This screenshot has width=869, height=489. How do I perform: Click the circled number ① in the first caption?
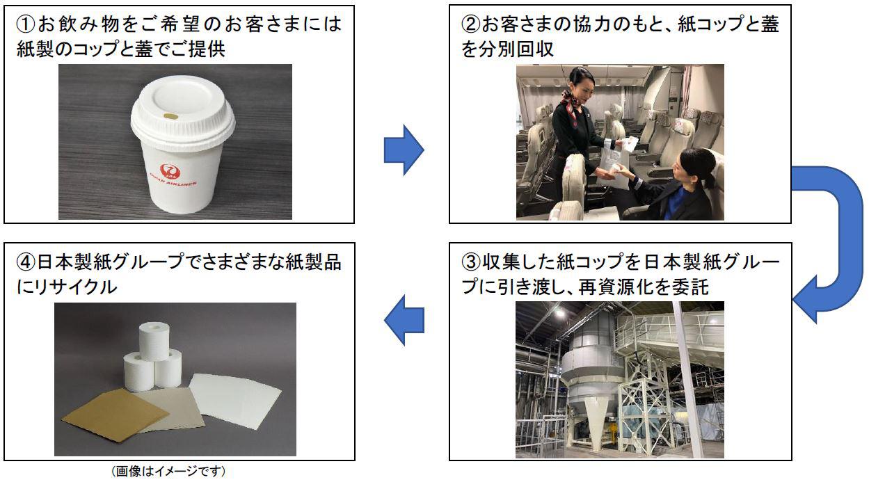coord(24,25)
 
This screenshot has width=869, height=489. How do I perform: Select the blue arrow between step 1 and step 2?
coord(404,150)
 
